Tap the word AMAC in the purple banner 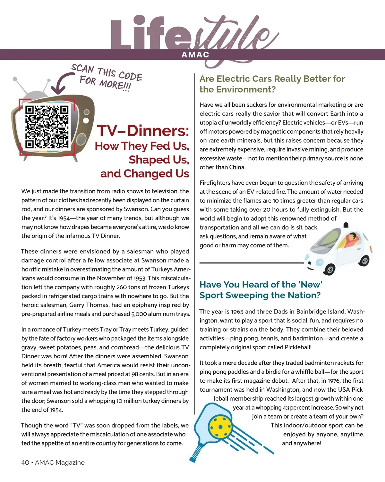195,55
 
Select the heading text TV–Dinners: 143,131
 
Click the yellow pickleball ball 220,425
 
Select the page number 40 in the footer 25,462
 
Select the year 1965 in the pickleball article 237,312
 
